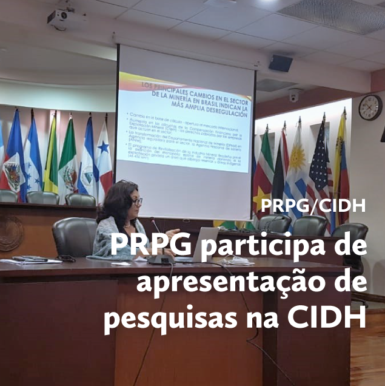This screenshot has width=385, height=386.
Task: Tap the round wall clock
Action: pyautogui.click(x=370, y=107)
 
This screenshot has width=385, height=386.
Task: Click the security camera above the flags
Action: pyautogui.click(x=294, y=95)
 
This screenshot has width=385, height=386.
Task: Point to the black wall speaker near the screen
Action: pyautogui.click(x=281, y=63)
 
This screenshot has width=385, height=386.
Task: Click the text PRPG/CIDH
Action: pyautogui.click(x=313, y=206)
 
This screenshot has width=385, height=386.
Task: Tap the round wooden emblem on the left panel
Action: pyautogui.click(x=9, y=233)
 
